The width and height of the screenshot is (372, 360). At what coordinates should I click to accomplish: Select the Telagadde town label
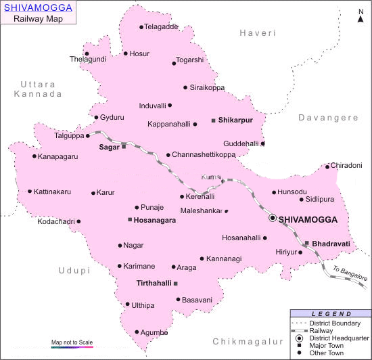162,27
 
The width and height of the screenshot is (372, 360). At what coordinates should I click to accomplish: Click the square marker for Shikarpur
214,120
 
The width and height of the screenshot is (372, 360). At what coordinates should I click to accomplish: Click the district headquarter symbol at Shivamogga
273,218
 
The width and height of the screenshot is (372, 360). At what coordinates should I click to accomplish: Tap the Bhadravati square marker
306,243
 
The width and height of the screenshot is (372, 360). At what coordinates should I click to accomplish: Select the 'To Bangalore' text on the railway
350,273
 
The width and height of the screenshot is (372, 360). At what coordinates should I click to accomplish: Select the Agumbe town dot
137,332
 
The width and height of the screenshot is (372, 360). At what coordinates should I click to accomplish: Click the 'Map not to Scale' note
72,342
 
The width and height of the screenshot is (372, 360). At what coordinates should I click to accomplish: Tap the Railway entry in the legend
321,330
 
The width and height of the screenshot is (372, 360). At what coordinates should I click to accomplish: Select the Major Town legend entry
326,344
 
